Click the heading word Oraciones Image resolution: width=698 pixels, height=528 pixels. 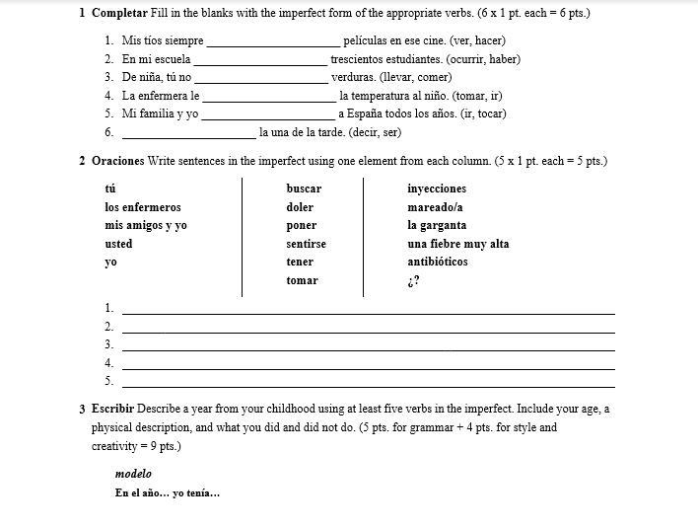click(117, 160)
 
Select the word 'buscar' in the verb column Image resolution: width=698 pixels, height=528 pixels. click(304, 189)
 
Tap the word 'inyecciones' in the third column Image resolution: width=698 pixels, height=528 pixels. click(437, 189)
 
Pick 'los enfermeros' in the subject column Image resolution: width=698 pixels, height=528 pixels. click(143, 207)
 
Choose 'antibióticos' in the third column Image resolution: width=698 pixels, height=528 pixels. click(438, 262)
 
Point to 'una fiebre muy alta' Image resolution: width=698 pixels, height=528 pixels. click(458, 244)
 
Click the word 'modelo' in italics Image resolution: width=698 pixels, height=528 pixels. click(133, 474)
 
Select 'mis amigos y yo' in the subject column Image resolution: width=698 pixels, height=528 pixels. click(146, 225)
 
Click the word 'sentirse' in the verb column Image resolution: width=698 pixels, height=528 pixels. click(306, 244)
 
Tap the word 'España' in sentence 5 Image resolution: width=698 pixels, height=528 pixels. click(367, 113)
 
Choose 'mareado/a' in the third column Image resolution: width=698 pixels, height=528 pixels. click(435, 207)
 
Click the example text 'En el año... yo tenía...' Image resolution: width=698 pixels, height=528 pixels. click(168, 493)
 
